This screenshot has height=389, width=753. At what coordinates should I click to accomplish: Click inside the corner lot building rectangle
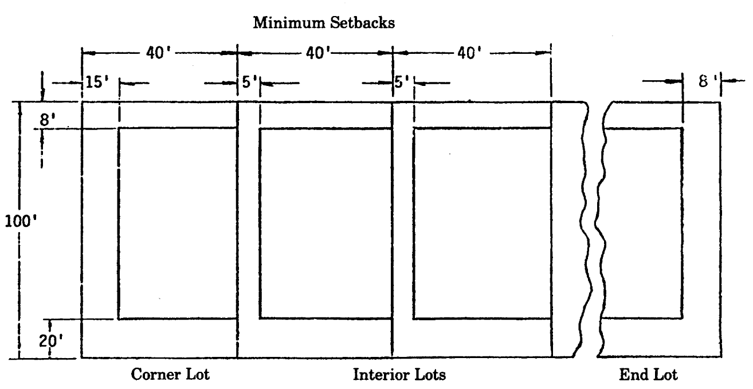(178, 223)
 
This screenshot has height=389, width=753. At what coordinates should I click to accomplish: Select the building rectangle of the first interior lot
(325, 223)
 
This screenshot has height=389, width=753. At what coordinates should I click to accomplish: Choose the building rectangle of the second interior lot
(481, 223)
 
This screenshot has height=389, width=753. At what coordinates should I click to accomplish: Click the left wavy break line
(586, 229)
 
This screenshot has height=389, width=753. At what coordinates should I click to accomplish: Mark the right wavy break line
(599, 229)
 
